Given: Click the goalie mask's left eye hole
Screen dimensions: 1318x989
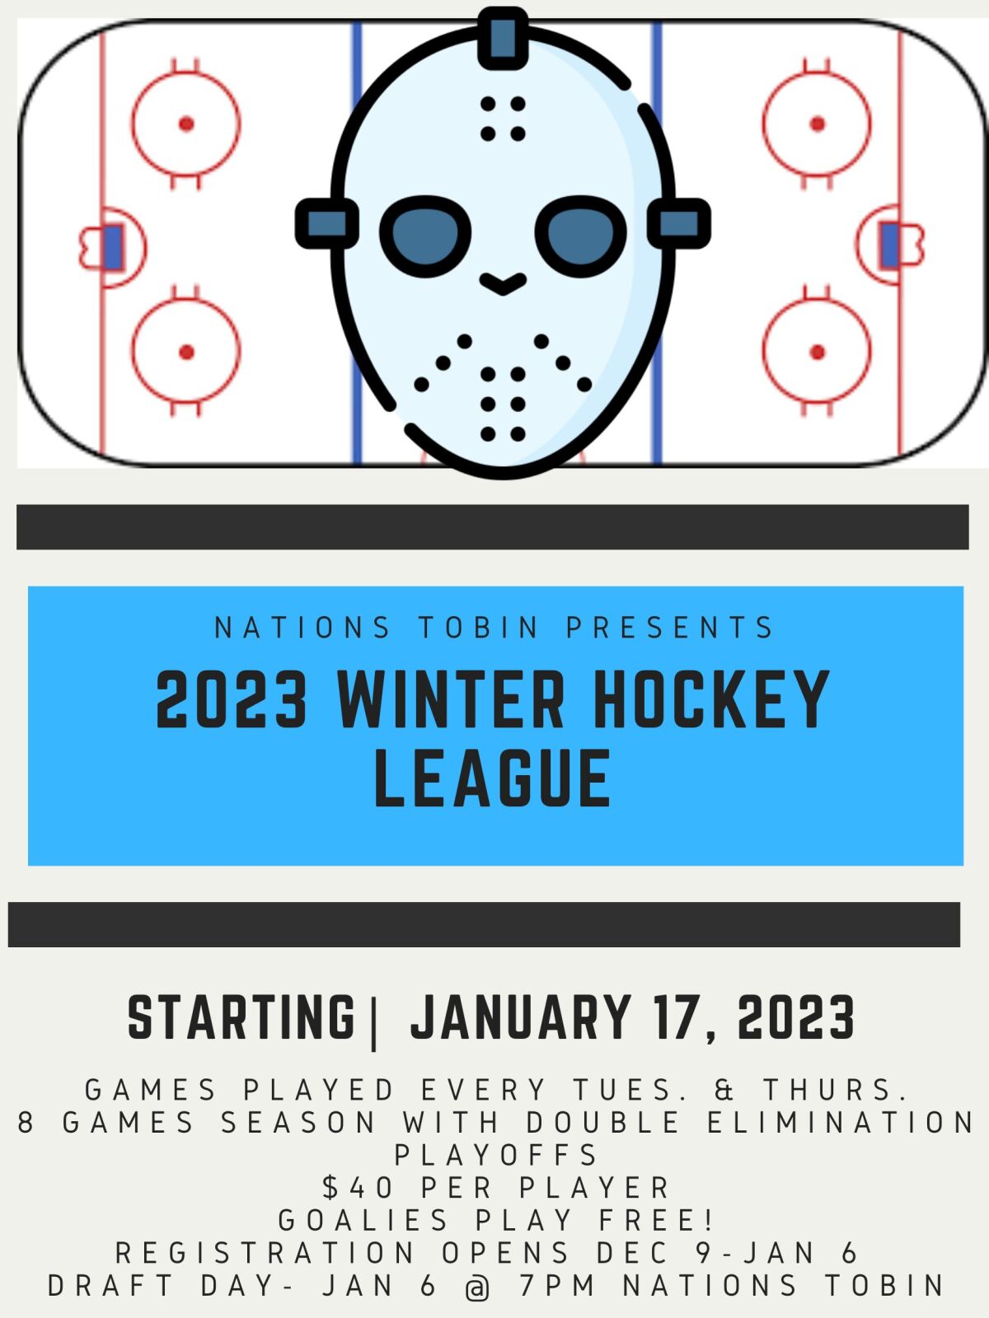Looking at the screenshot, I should click(x=425, y=236).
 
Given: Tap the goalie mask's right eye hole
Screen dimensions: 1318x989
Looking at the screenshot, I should click(x=580, y=236).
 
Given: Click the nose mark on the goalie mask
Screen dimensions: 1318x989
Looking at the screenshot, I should click(x=503, y=284).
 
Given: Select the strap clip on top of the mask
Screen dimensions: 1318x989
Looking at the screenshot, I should click(x=503, y=37).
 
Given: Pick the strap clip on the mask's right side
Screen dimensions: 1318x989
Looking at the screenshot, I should click(x=679, y=223).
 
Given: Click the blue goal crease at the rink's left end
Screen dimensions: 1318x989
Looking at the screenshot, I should click(x=113, y=247).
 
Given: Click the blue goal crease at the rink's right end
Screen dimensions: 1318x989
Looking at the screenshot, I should click(x=889, y=245).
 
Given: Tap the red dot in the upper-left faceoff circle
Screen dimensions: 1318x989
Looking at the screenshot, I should click(x=186, y=124).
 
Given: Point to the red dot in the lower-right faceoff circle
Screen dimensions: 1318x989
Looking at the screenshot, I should click(x=818, y=353).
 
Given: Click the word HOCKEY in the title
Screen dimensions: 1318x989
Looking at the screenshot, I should click(x=710, y=700).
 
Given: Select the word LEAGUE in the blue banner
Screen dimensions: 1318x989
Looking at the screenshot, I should click(x=493, y=778).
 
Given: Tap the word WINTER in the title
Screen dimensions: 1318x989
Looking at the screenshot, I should click(x=451, y=700).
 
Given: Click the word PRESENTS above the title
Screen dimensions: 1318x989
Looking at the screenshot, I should click(x=670, y=628).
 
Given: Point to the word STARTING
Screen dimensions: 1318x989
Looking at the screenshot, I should click(x=241, y=1018).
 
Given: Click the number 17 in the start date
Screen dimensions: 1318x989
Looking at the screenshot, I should click(x=677, y=1018).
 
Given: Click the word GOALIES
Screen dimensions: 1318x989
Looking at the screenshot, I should click(x=363, y=1220).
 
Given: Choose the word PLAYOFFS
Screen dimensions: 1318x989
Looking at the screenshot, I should click(x=496, y=1155).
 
